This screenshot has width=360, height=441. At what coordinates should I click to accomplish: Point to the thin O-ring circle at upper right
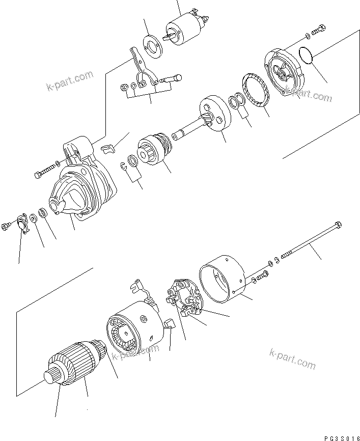306,56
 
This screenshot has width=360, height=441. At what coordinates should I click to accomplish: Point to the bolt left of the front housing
45,169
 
